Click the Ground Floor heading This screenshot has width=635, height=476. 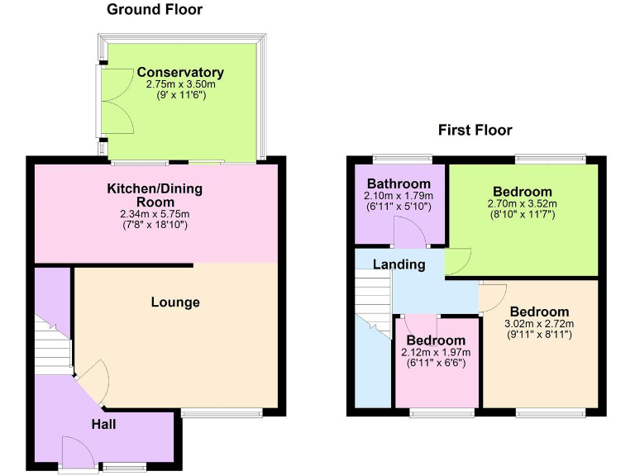pyautogui.click(x=155, y=10)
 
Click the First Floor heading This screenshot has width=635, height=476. pyautogui.click(x=475, y=131)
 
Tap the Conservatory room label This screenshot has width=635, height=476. pyautogui.click(x=180, y=73)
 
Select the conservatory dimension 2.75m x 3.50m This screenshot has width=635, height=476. pyautogui.click(x=180, y=84)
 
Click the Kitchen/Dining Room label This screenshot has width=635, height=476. pyautogui.click(x=155, y=195)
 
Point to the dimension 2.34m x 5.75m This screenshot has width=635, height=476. pyautogui.click(x=155, y=214)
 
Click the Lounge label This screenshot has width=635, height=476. pyautogui.click(x=175, y=302)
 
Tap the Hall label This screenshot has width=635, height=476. pyautogui.click(x=103, y=425)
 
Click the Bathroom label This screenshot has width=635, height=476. pyautogui.click(x=399, y=183)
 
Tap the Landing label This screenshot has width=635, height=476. pyautogui.click(x=399, y=265)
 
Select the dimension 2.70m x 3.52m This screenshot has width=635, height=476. pyautogui.click(x=523, y=204)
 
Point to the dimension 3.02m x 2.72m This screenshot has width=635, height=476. pyautogui.click(x=539, y=323)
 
